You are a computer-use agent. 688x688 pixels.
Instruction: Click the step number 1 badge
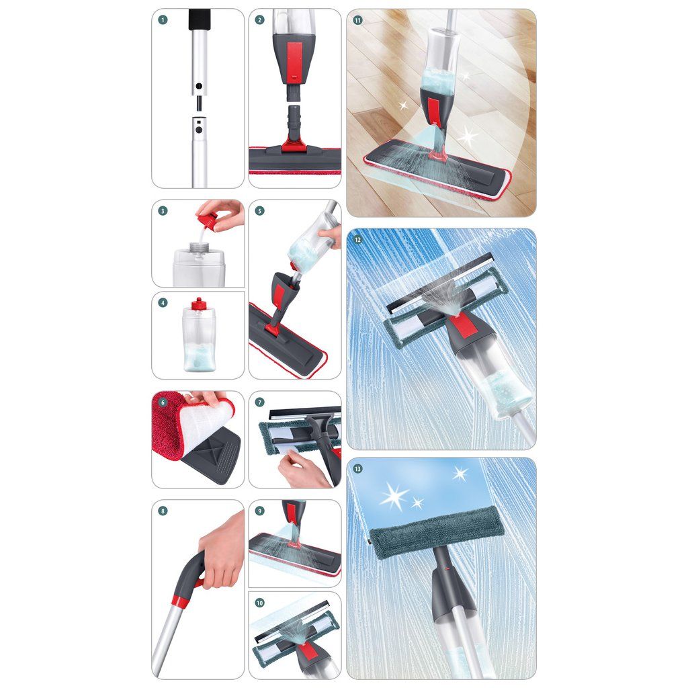pos(163,19)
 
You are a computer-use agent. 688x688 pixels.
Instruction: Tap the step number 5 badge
pos(260,211)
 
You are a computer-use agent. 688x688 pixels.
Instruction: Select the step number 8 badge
pos(163,511)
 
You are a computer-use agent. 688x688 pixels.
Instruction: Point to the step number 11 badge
pos(357,20)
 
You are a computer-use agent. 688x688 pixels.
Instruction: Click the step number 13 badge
pos(357,469)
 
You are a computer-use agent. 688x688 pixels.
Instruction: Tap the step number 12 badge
pos(357,240)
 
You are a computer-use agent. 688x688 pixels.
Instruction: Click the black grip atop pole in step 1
pos(200,20)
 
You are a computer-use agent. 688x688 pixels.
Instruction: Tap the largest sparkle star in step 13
pos(394,497)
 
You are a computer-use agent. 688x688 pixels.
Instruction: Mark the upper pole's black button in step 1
pos(199,86)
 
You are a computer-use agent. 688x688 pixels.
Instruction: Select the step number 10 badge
pos(260,603)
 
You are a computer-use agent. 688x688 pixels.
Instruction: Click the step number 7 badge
pos(260,402)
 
